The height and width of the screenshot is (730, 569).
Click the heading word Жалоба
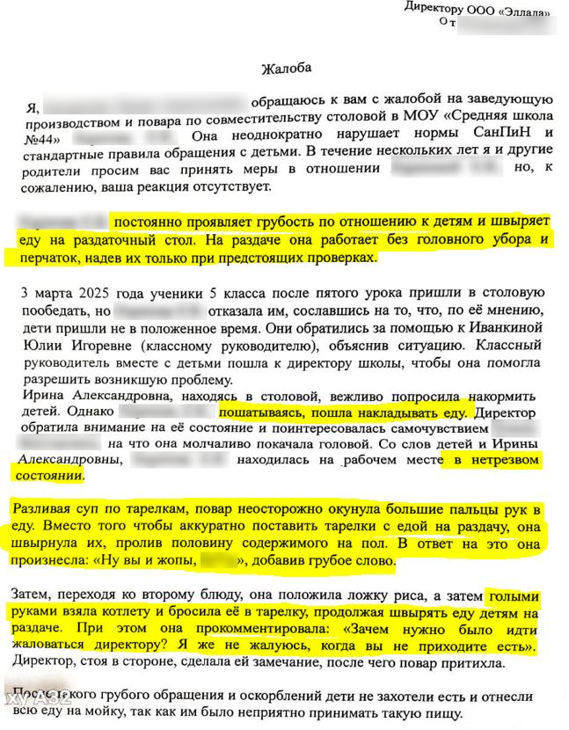pyautogui.click(x=286, y=68)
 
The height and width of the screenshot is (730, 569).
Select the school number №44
pyautogui.click(x=42, y=139)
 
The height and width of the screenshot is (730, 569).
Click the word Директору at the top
pyautogui.click(x=436, y=6)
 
